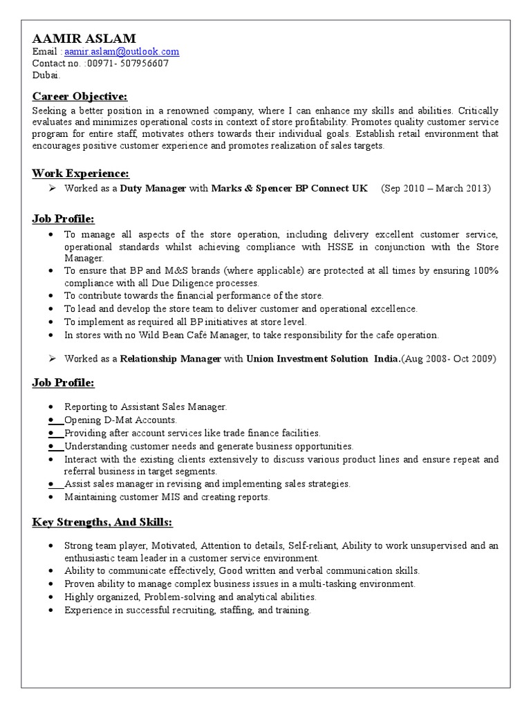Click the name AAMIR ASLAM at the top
[x=84, y=38]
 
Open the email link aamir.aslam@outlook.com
[x=122, y=52]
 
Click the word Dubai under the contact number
[x=46, y=75]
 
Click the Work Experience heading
[x=81, y=173]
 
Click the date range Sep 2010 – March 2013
[x=436, y=188]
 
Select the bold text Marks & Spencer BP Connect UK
[x=289, y=188]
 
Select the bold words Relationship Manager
[x=171, y=359]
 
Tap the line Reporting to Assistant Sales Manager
[x=145, y=407]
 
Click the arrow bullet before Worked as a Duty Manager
[x=51, y=188]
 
